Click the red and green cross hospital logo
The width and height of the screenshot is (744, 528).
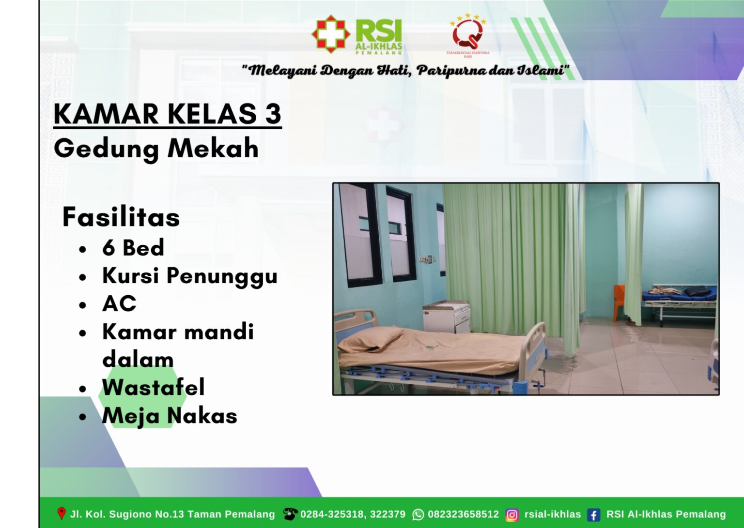pyautogui.click(x=331, y=34)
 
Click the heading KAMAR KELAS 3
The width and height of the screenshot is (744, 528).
pyautogui.click(x=168, y=114)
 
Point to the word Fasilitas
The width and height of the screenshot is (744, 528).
pyautogui.click(x=121, y=217)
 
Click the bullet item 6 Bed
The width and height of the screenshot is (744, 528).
pyautogui.click(x=133, y=248)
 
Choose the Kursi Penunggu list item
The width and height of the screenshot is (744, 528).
pyautogui.click(x=190, y=276)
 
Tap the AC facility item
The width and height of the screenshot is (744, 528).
pyautogui.click(x=119, y=303)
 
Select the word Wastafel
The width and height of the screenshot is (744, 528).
pyautogui.click(x=154, y=387)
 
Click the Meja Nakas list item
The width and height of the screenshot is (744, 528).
pyautogui.click(x=170, y=416)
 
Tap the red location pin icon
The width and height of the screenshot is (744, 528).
pyautogui.click(x=61, y=513)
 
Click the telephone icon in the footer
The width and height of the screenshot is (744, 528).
pyautogui.click(x=290, y=514)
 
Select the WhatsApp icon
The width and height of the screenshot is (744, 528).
pyautogui.click(x=418, y=514)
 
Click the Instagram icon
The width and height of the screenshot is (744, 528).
pyautogui.click(x=512, y=515)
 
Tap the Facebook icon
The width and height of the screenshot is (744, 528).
pyautogui.click(x=593, y=515)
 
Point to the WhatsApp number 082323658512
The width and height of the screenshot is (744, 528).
pyautogui.click(x=464, y=514)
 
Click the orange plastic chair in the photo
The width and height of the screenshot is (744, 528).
pyautogui.click(x=619, y=303)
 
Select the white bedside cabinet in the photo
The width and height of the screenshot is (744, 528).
pyautogui.click(x=446, y=317)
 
